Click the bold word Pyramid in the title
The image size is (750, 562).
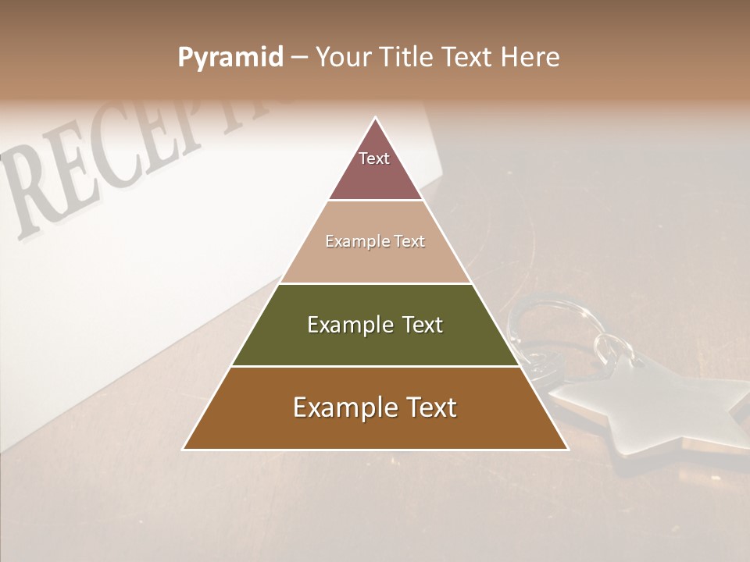point(230,58)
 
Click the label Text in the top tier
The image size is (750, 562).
point(374,158)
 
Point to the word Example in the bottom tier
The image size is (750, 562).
point(340,407)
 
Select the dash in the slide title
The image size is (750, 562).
point(298,58)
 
